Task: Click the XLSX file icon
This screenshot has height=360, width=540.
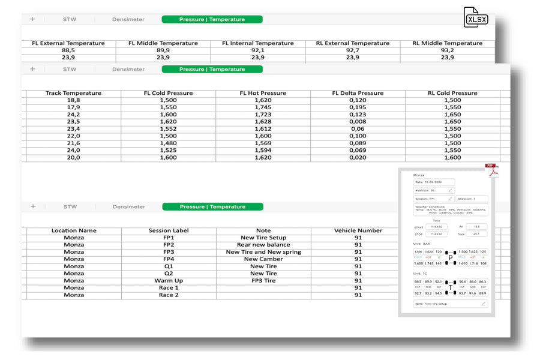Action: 475,17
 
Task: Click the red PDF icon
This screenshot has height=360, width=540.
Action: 493,170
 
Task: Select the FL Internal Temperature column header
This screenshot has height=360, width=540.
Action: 257,43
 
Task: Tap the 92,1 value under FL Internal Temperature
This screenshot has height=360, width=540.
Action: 257,50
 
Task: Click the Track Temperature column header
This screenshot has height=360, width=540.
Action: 73,93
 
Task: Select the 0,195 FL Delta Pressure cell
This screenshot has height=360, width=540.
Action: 358,107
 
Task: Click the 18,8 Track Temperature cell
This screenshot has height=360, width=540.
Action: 73,100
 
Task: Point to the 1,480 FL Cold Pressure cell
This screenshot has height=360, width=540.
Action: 168,143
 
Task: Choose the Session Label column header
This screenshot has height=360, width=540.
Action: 168,230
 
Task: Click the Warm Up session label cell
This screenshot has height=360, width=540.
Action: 168,281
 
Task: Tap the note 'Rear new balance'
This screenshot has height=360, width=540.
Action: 263,245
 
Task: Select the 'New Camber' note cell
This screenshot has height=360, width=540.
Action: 263,259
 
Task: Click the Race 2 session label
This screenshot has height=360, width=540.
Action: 168,295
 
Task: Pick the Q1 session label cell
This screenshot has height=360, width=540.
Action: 168,266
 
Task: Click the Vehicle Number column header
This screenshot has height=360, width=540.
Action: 358,230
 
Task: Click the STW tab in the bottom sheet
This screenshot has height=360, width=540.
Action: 70,206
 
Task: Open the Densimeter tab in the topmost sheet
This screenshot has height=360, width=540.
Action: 128,19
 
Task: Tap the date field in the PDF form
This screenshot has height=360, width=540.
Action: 434,182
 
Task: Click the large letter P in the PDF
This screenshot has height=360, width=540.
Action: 451,257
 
